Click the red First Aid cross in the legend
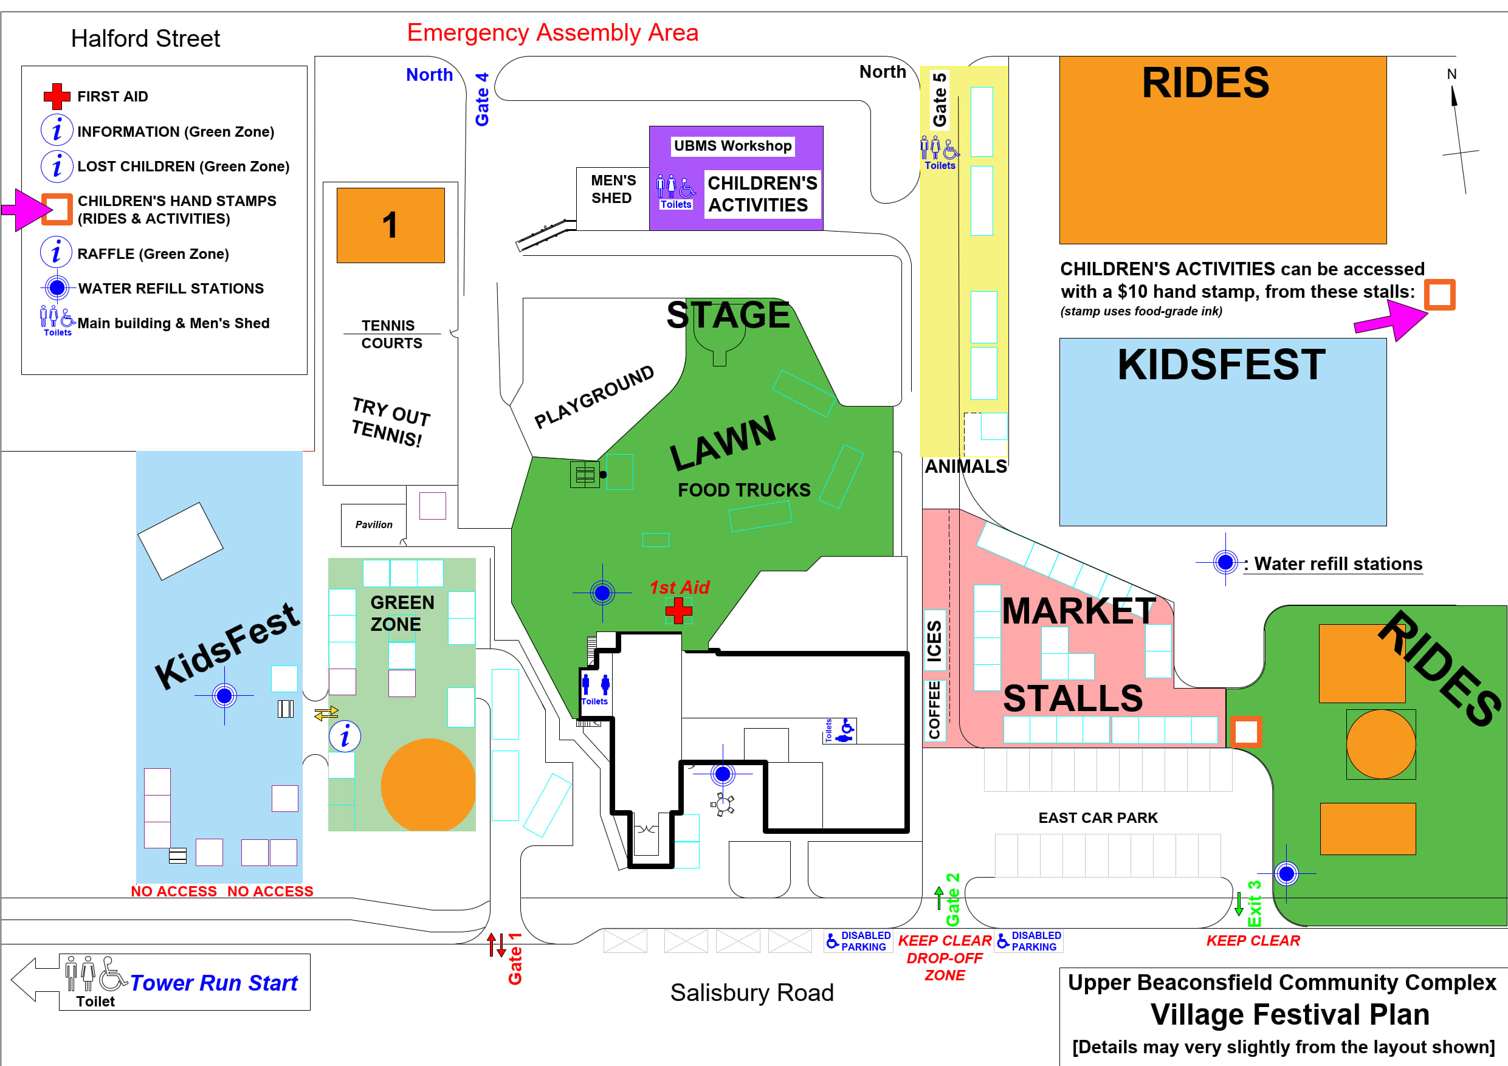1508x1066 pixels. pyautogui.click(x=57, y=97)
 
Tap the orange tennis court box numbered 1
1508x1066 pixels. pyautogui.click(x=391, y=225)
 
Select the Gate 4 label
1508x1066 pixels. pyautogui.click(x=482, y=99)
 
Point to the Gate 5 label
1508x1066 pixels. pyautogui.click(x=940, y=99)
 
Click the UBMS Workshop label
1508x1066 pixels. pyautogui.click(x=732, y=146)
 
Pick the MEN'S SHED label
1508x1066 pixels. pyautogui.click(x=613, y=189)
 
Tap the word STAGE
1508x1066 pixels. pyautogui.click(x=728, y=315)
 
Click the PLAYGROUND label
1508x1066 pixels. pyautogui.click(x=594, y=396)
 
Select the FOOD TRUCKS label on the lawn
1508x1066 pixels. pyautogui.click(x=743, y=490)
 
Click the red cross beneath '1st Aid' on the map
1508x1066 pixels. pyautogui.click(x=678, y=611)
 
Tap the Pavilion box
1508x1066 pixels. pyautogui.click(x=374, y=524)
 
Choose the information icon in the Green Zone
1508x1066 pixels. pyautogui.click(x=345, y=736)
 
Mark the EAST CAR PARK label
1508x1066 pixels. pyautogui.click(x=1098, y=817)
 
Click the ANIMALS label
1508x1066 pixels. pyautogui.click(x=965, y=466)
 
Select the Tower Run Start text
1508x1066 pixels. pyautogui.click(x=213, y=983)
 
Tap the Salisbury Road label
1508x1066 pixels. pyautogui.click(x=751, y=992)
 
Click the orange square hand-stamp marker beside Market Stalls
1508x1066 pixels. pyautogui.click(x=1246, y=732)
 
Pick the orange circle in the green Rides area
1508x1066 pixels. pyautogui.click(x=1380, y=744)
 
